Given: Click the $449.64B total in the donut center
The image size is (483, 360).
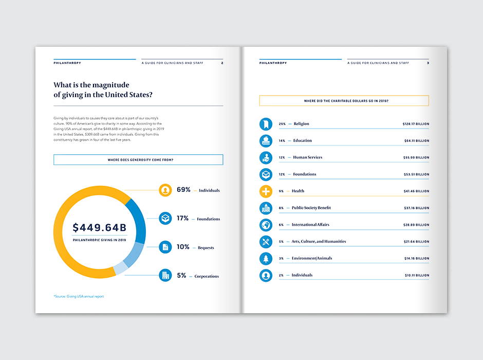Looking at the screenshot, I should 99,228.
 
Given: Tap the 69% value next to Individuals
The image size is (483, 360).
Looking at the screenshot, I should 183,190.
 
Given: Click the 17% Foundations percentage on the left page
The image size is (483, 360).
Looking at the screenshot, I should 183,219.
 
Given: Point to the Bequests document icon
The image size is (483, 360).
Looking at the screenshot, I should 165,247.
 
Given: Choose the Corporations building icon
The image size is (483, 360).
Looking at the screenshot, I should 165,276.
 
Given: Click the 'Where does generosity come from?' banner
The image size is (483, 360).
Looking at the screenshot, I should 138,160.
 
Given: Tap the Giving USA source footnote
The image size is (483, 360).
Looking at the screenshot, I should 79,296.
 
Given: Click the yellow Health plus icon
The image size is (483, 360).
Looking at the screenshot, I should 266,191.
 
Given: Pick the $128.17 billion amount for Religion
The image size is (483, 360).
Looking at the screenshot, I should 415,124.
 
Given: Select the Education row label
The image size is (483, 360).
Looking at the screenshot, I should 302,140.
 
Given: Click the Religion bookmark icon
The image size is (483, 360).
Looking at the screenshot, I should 266,124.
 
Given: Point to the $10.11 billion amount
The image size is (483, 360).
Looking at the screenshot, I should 416,275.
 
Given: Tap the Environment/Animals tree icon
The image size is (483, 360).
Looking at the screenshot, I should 266,259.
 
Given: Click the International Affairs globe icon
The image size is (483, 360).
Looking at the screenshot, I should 266,225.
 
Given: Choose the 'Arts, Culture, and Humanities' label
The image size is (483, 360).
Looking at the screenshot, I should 319,241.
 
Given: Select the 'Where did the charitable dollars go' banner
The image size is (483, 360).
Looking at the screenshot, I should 344,101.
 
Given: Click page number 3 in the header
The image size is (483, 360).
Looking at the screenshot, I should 428,63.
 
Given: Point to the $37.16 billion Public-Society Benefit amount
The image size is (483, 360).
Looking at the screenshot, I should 416,208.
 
